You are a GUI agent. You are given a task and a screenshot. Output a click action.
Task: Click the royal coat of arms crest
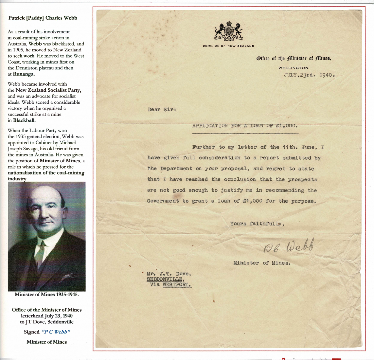click(228, 32)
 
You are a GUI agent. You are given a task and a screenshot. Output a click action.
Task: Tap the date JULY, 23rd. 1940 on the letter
click(309, 75)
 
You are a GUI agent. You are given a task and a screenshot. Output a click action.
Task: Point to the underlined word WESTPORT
click(177, 285)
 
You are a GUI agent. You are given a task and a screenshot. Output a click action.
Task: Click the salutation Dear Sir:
click(162, 110)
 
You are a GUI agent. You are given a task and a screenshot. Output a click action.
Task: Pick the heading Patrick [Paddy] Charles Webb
click(43, 18)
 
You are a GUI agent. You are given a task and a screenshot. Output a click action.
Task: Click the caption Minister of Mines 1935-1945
click(46, 295)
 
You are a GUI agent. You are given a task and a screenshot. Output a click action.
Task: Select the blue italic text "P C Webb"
click(56, 332)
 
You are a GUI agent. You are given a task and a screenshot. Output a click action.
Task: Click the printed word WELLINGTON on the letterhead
click(294, 68)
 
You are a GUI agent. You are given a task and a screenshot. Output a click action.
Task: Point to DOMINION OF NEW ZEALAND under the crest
click(228, 46)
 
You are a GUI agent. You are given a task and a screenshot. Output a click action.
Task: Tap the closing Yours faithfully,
click(257, 224)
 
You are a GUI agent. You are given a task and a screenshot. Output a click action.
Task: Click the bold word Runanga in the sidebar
click(24, 74)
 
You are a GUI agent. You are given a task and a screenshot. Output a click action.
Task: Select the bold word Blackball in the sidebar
click(24, 120)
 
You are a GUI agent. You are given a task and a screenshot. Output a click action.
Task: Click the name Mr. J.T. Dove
click(169, 274)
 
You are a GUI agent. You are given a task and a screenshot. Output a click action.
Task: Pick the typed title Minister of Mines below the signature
click(261, 263)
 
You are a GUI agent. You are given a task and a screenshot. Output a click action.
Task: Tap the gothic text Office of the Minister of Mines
click(294, 59)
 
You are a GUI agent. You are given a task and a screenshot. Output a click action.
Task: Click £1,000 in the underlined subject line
click(286, 126)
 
